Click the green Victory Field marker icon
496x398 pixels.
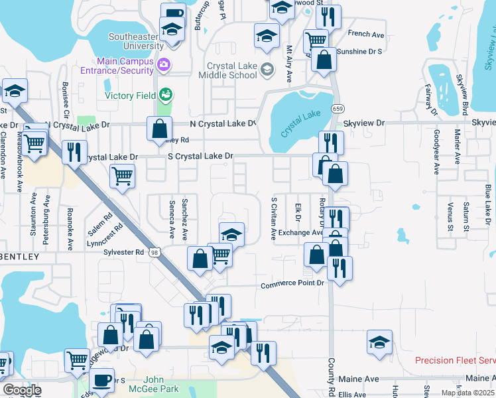[165, 94]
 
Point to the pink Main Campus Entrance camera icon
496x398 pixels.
[165, 65]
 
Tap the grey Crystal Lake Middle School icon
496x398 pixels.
[267, 68]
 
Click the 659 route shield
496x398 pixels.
[338, 107]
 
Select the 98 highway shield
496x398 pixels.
[155, 252]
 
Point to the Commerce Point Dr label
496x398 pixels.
[292, 285]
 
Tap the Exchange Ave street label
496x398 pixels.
[300, 233]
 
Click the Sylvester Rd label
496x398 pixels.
[124, 252]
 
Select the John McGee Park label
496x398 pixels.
[154, 384]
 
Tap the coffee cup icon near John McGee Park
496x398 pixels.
[101, 381]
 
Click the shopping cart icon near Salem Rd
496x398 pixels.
[122, 176]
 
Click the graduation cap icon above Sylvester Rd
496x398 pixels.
[231, 234]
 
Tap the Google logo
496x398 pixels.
[21, 390]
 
